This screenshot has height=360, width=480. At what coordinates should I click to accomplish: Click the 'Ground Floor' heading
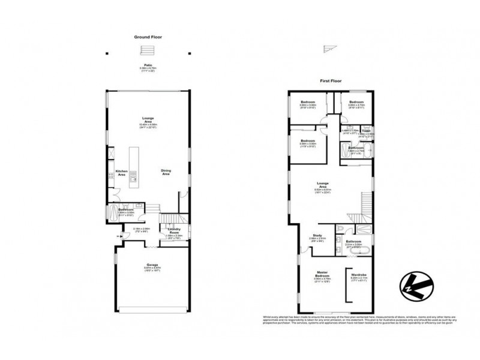coord(148,37)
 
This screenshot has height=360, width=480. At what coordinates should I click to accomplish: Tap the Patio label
coord(147,67)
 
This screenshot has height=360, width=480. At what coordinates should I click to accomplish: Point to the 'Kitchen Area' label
coord(121,172)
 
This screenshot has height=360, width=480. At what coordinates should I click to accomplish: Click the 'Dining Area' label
coord(166,172)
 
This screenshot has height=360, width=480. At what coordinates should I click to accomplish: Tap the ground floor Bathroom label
coord(125,209)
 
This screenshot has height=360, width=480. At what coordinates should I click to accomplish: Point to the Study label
coord(317,235)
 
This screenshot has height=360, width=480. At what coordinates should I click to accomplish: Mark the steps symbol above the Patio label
coord(144,50)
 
